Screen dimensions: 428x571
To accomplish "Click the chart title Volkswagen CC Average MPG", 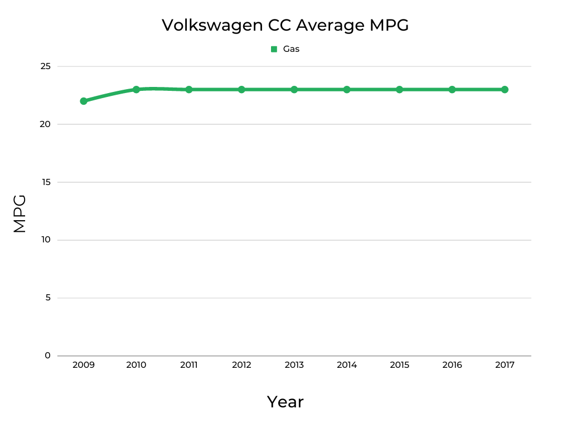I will coord(285,25).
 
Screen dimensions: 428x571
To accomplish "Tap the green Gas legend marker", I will coord(274,49).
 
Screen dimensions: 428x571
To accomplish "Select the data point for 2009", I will coord(84,101).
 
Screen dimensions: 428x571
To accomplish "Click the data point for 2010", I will coord(136,90).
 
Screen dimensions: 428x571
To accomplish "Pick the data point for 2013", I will coord(294,90).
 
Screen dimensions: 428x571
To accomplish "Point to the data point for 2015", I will coord(399,90).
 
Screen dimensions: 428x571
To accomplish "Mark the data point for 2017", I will coord(505,90).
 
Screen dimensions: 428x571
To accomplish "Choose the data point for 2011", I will coord(189,90).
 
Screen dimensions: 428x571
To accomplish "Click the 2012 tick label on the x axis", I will coord(241,365).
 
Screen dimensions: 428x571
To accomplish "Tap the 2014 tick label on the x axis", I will coord(347,365).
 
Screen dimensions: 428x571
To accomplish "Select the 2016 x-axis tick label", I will coord(452,365).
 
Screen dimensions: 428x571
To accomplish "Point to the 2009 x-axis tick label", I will coord(84,365).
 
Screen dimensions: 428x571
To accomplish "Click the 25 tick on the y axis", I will coord(45,66).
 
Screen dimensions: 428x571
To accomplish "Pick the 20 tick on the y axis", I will coord(45,124).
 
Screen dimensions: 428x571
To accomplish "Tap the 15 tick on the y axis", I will coord(46,182).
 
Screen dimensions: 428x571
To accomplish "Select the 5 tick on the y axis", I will coord(47,298).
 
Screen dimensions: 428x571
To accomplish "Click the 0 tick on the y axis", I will coord(47,356).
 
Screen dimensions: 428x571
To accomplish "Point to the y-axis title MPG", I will coord(20,213).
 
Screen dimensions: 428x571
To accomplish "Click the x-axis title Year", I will coord(285,402).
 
